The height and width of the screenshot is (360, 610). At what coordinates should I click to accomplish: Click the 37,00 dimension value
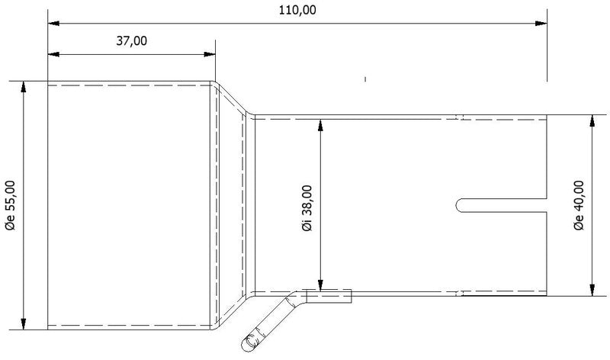[131, 41]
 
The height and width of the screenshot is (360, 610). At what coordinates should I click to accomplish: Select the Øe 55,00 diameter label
[10, 205]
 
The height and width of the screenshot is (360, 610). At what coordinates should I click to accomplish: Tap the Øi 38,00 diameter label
[307, 205]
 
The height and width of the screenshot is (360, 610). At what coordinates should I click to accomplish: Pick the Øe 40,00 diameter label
[579, 205]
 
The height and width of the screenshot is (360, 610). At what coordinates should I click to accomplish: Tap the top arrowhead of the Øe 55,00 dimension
[24, 87]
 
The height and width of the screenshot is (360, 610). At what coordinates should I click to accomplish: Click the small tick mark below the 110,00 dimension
[366, 78]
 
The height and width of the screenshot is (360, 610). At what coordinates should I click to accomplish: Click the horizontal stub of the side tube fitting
[328, 295]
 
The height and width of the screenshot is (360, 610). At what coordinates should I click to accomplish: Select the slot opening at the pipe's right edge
[547, 204]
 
